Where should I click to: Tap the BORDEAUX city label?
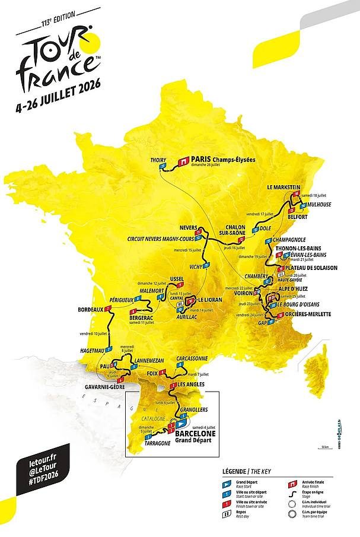point(90,309)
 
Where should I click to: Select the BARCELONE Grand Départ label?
point(195,437)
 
